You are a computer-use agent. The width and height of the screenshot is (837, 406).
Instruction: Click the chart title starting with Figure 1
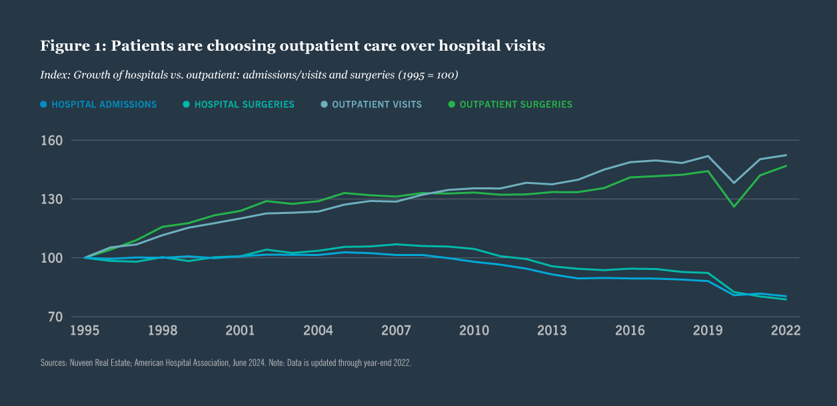coord(293,46)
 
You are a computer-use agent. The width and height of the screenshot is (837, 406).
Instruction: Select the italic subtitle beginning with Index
coord(249,75)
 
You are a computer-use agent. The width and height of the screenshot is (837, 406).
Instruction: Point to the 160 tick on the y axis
coord(53,141)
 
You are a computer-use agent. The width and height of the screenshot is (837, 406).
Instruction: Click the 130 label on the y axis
coord(53,199)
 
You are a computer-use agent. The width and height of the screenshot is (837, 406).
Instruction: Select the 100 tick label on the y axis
coord(53,258)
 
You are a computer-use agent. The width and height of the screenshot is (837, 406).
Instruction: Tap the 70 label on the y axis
coord(56,317)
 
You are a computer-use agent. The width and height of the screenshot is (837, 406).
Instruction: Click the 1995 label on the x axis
coord(85,331)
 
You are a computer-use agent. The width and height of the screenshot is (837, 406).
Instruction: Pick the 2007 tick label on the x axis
coord(396,331)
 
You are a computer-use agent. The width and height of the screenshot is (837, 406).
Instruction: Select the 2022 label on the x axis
coord(786,331)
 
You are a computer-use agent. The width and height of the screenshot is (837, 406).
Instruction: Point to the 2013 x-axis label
coord(552,331)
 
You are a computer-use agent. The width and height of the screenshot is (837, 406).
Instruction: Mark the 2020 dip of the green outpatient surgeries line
coord(734,206)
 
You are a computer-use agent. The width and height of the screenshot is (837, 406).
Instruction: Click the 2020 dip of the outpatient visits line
coord(734,183)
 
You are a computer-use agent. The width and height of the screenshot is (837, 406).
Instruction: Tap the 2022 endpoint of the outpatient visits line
coord(786,155)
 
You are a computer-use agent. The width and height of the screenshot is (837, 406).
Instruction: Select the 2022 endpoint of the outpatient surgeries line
coord(786,166)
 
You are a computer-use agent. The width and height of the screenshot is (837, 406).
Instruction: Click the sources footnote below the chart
coord(226,363)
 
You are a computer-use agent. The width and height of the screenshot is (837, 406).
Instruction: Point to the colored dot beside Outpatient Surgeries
coord(452,105)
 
